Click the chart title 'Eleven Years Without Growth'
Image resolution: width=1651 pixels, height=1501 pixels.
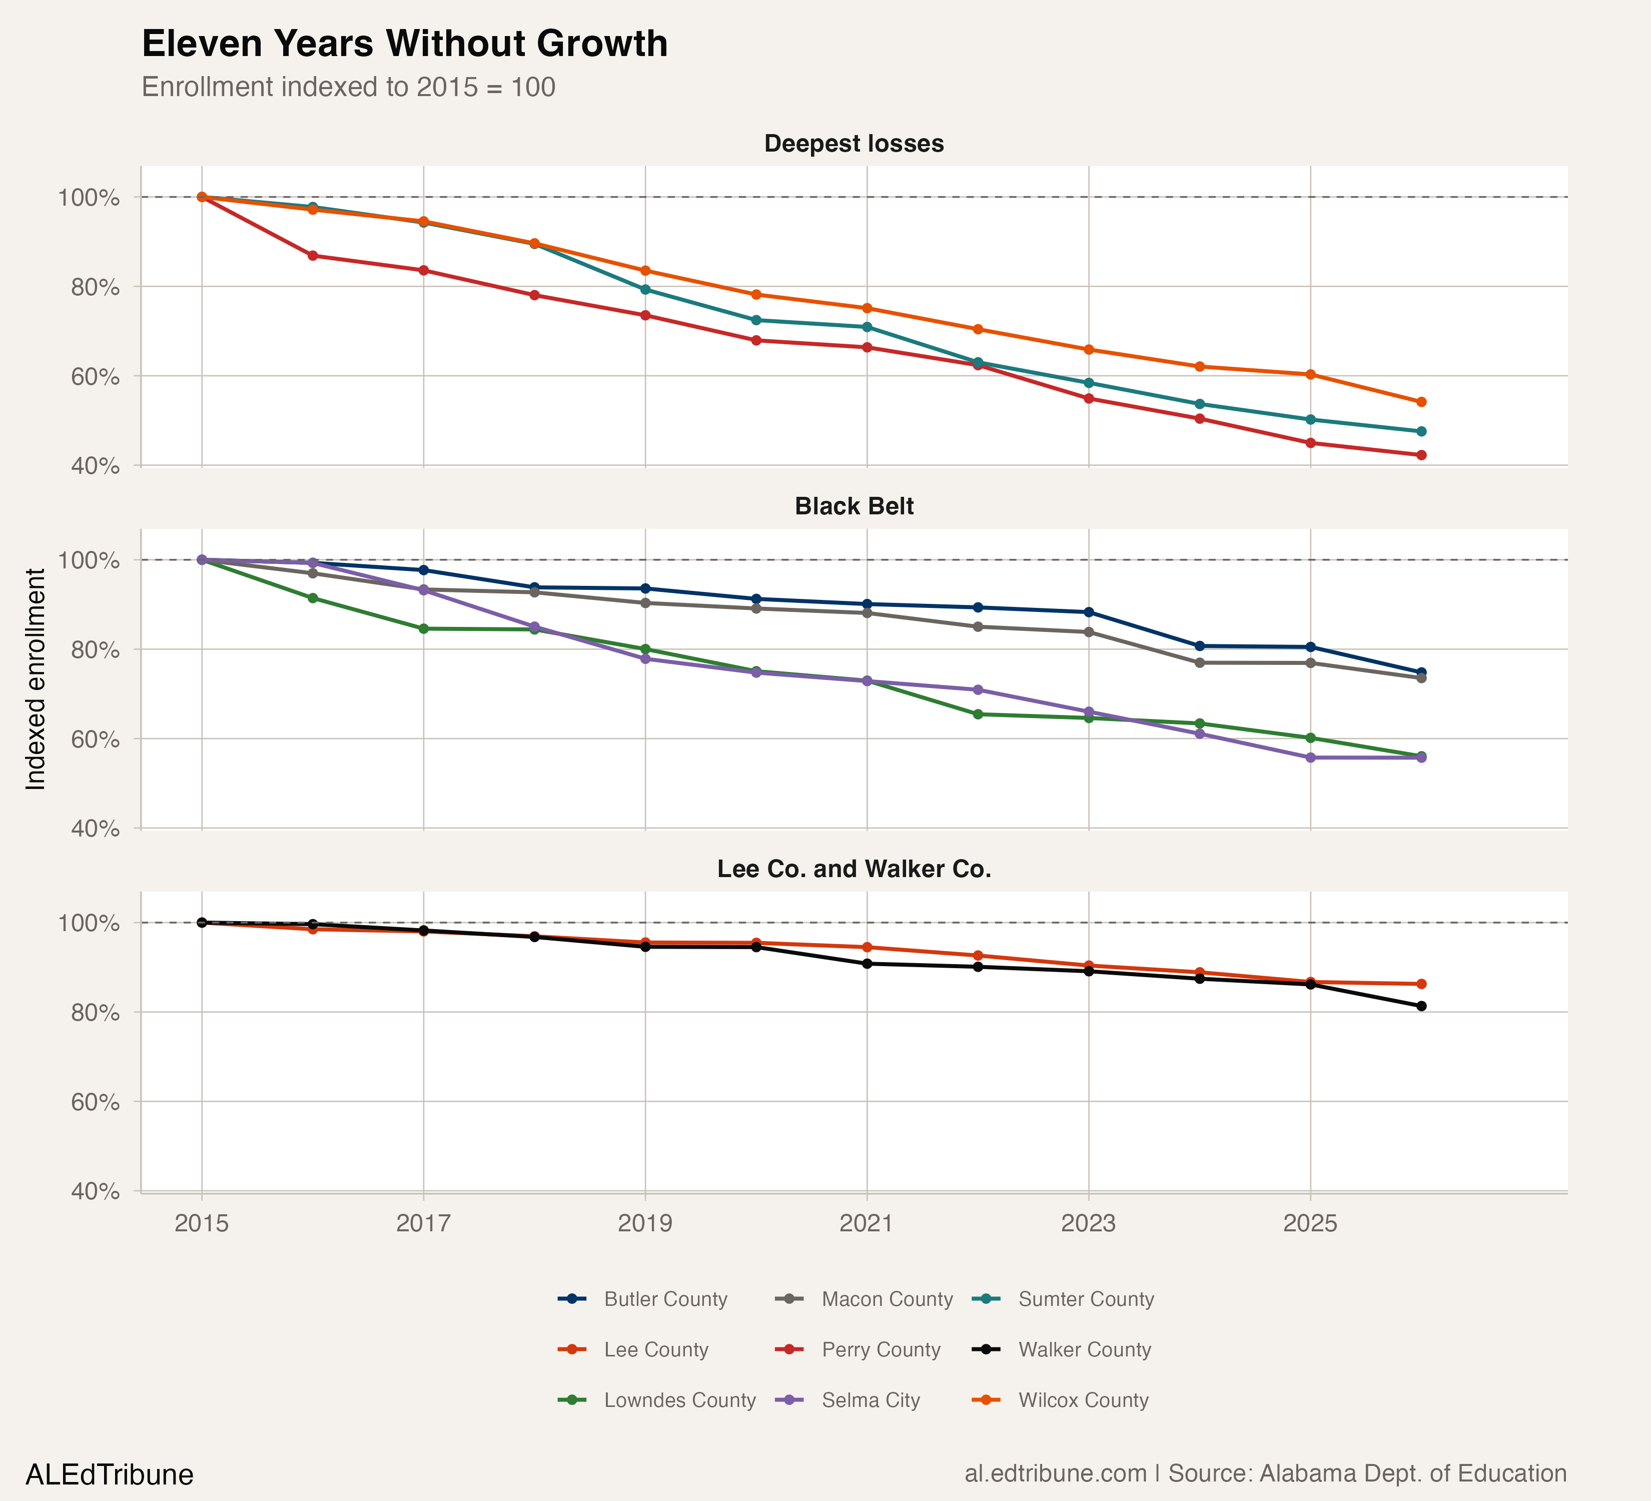(x=405, y=44)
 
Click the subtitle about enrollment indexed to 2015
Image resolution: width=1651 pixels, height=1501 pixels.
(x=348, y=87)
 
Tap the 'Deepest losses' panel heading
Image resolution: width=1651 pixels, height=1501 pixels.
(x=854, y=144)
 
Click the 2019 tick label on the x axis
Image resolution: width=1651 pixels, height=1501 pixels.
(x=644, y=1223)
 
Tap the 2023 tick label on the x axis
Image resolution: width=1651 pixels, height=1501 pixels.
(x=1088, y=1223)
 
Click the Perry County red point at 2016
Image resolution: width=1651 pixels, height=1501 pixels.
(x=313, y=256)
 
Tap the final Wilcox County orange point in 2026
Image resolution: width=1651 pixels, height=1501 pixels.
(x=1421, y=402)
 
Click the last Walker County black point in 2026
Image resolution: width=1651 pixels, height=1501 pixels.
(x=1421, y=1006)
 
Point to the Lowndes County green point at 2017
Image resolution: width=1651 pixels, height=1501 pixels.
(x=423, y=629)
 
